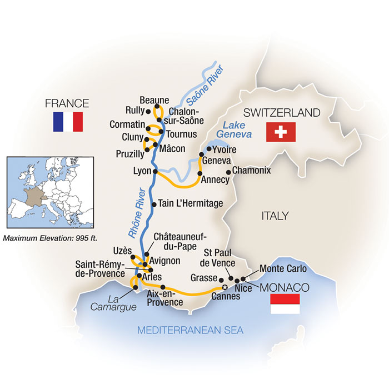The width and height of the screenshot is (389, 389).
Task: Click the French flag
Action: click(x=68, y=122)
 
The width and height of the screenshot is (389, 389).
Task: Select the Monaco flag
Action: click(x=284, y=304)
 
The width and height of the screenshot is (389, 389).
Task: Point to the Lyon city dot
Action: click(x=156, y=171)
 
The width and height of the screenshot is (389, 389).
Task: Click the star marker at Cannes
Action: click(x=225, y=287)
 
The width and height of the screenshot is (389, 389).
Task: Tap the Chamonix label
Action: click(x=252, y=171)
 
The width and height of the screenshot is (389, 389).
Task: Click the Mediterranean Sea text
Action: click(x=191, y=331)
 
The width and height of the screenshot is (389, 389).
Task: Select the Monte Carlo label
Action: click(x=283, y=269)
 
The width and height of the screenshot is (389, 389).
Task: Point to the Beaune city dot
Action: click(x=157, y=107)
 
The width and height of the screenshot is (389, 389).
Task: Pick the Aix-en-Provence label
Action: click(x=165, y=298)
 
